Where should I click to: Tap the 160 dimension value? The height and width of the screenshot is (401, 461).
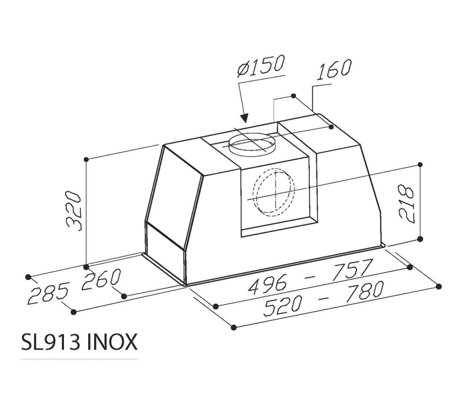334,70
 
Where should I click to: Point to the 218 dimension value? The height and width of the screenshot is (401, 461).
407,203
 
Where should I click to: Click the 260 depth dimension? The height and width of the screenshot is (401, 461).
101,279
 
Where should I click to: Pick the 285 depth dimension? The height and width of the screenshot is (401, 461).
49,293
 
